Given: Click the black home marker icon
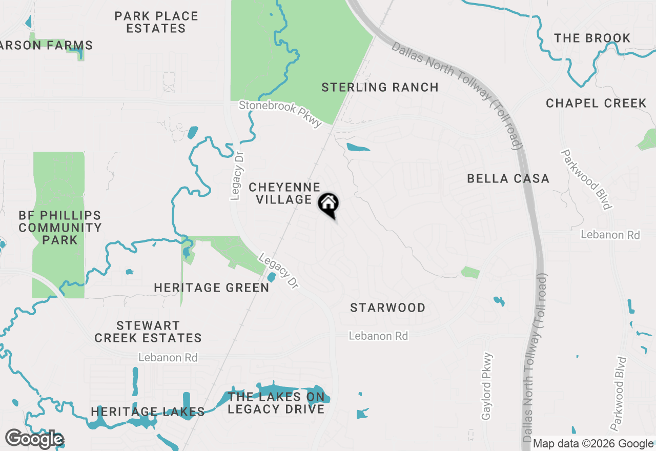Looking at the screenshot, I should coord(328,204).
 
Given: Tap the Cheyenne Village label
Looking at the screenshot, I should coord(284,194).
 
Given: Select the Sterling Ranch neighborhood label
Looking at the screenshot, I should coord(380,88).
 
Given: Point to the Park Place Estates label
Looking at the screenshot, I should coord(156,23).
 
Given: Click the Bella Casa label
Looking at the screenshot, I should coord(508,179).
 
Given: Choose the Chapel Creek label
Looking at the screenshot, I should coord(596,104).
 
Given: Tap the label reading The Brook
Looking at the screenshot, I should coord(592,38).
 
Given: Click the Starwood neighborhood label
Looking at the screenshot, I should coord(388,308).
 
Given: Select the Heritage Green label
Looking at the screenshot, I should coord(212,288).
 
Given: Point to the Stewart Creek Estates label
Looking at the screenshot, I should coord(148,332).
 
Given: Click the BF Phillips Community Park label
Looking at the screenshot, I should coord(60,228).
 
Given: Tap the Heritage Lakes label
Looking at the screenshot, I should coord(148,412).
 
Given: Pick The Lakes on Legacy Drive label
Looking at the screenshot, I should coord(276,403).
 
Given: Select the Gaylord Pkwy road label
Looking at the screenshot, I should coord(487,386).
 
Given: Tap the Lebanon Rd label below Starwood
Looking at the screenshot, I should coord(378,336).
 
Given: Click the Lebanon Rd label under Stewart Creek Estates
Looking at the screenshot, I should coord(168,358).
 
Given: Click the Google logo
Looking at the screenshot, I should coord(34,439).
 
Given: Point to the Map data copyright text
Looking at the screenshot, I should coord(593,444).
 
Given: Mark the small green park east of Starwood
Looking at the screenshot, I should coord(470,272).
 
